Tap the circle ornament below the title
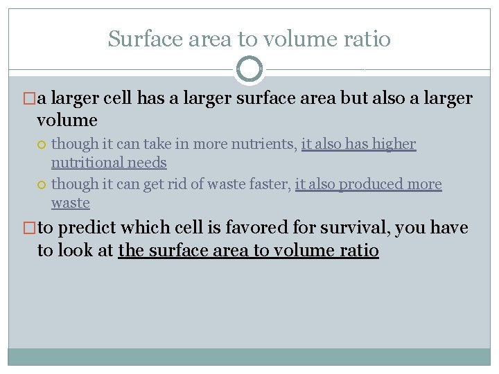(249, 69)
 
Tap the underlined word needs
(148, 163)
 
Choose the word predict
(89, 228)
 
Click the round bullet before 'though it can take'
(42, 145)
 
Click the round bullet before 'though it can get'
(42, 185)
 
